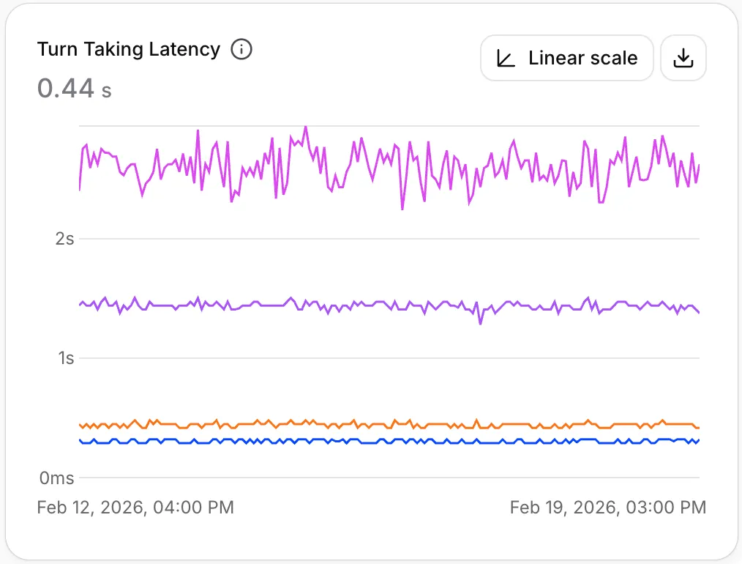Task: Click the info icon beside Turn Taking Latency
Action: coord(241,49)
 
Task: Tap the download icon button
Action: coord(683,59)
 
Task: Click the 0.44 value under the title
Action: coord(66,89)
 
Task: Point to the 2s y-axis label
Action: coord(64,239)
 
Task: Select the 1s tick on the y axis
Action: coord(67,358)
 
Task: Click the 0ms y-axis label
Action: coord(57,478)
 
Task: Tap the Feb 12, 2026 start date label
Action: coord(135,507)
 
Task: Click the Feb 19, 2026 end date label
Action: coord(608,507)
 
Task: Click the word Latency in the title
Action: coord(184,49)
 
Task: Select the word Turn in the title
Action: coord(57,49)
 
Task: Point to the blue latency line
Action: coord(389,442)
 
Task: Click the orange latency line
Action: coord(389,424)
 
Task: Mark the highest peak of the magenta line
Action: coord(306,127)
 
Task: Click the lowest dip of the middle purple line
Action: coord(480,324)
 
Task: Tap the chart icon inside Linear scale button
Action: coord(506,59)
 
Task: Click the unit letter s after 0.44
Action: coord(107,91)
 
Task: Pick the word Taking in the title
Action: coord(113,49)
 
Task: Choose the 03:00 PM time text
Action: coord(667,507)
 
